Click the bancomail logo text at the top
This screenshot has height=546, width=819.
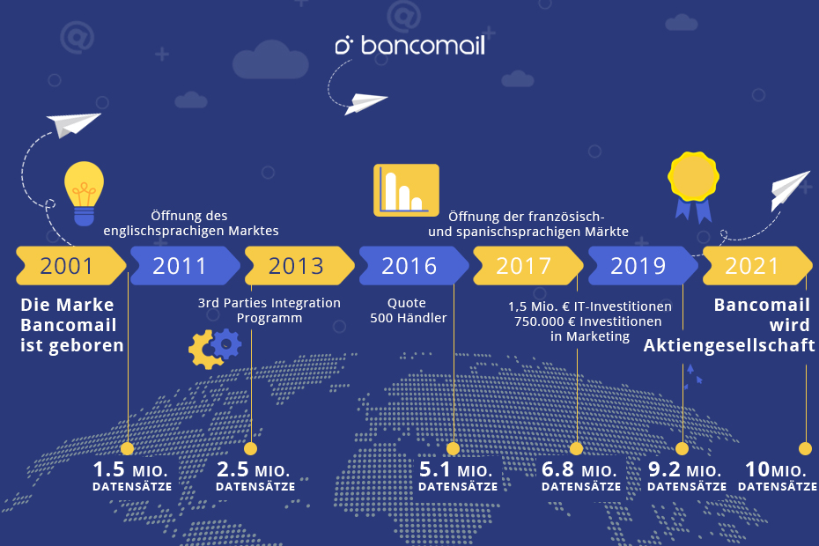tap(410, 45)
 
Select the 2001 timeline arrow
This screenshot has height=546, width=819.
tap(71, 265)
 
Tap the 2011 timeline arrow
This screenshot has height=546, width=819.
tap(185, 265)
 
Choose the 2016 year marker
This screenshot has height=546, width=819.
tap(414, 265)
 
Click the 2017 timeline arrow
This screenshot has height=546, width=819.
tap(528, 265)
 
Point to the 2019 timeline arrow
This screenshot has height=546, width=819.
tap(643, 265)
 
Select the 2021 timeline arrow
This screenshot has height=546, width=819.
tap(757, 265)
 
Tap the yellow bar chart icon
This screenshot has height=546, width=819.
tap(406, 189)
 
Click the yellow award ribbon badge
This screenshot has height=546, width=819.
tap(693, 186)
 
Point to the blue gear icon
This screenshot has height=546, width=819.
tap(226, 343)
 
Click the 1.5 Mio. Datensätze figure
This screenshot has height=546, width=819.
tap(132, 476)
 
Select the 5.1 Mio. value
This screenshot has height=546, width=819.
tap(456, 469)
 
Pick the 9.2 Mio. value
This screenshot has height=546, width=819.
tap(685, 469)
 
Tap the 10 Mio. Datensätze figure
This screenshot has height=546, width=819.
tap(778, 476)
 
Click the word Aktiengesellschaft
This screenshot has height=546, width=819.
tap(729, 345)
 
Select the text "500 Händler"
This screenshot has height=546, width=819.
tap(409, 318)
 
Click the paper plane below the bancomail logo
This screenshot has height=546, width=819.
tap(366, 102)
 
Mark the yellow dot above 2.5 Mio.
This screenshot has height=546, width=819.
tap(251, 448)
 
